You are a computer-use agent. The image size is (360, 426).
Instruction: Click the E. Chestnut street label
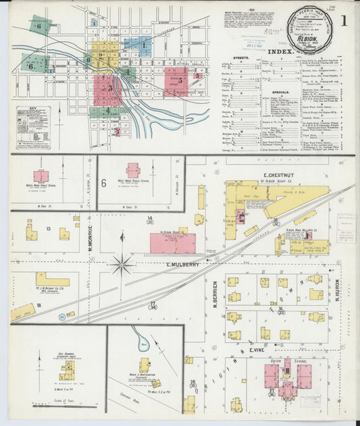(x=258, y=175)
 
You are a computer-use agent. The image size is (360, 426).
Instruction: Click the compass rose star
(x=122, y=265)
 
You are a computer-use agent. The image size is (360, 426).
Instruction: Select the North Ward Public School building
(x=41, y=176)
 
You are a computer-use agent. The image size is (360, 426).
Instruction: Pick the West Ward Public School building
(x=133, y=169)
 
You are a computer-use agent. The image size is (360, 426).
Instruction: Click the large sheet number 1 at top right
(x=344, y=20)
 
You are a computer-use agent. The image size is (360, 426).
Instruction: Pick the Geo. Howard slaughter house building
(x=67, y=369)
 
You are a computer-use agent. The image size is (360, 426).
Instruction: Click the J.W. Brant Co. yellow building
(x=53, y=279)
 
